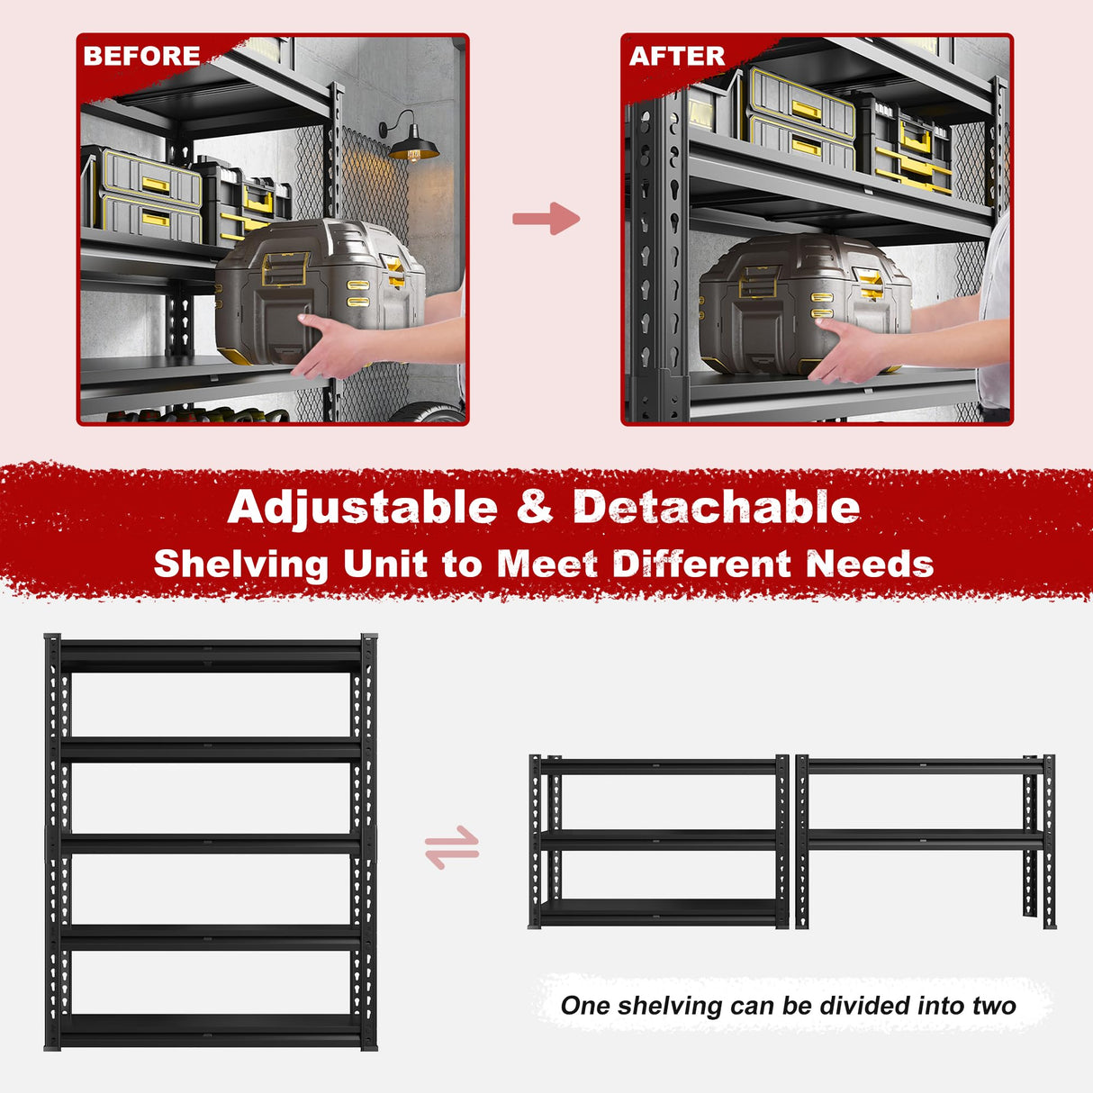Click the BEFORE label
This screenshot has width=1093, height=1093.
coord(141,56)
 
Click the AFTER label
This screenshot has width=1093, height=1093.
coord(676,56)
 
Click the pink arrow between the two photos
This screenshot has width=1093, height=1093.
coord(546,218)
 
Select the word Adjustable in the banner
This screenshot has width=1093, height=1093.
coord(362,507)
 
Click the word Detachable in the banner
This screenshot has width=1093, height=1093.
coord(716,507)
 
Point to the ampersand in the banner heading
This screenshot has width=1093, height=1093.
coord(535,507)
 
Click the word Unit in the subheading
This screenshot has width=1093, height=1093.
coord(384,565)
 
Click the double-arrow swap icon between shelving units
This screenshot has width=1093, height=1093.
coord(452,847)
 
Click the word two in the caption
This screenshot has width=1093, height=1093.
coord(993,1006)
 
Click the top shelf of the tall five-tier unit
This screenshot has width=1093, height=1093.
coord(211,655)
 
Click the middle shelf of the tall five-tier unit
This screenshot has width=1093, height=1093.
coord(211,843)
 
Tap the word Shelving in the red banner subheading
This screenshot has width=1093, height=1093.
coord(240,565)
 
